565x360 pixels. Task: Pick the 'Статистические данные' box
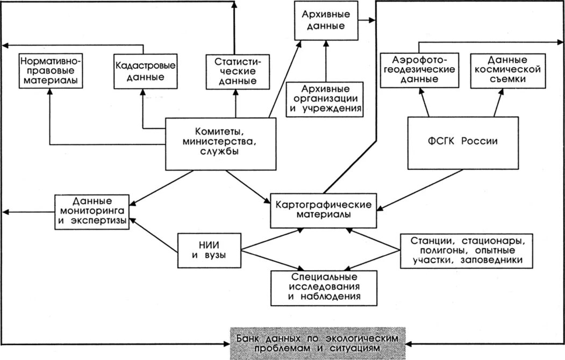coord(234,71)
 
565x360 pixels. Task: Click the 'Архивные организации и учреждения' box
coord(325,98)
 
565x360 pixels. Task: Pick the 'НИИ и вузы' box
coord(209,249)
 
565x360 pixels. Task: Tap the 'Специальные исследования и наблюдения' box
coord(324,286)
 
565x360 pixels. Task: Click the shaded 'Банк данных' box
coord(319,343)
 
